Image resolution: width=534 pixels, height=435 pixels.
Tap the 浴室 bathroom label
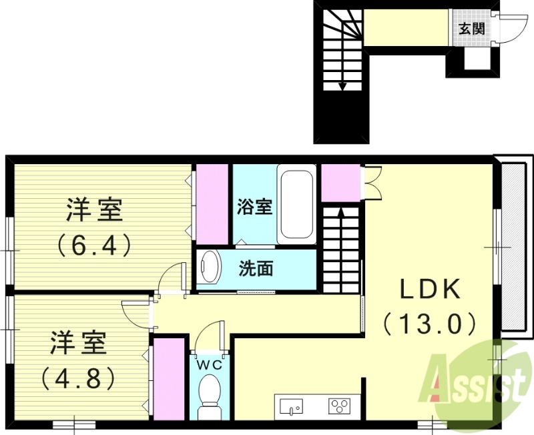[254, 206]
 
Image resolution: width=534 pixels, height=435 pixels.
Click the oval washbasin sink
[210, 268]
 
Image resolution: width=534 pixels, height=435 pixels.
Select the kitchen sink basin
[291, 406]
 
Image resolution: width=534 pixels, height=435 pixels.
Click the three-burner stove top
[338, 406]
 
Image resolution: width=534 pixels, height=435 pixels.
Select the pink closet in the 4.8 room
[169, 379]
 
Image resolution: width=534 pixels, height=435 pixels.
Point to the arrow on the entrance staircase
[343, 85]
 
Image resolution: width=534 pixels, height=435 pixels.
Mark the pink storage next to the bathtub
[340, 182]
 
